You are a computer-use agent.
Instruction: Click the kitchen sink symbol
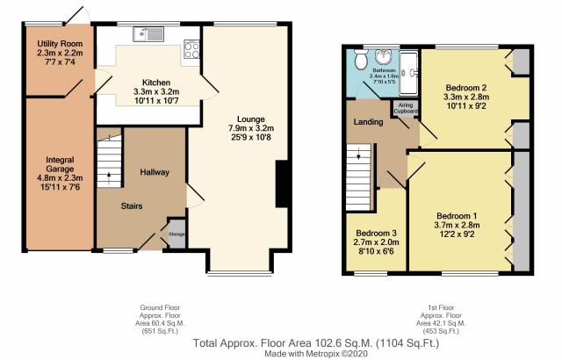(148, 34)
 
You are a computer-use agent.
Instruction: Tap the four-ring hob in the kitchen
(191, 48)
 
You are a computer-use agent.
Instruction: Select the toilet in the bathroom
(360, 59)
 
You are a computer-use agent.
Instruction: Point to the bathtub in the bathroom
(408, 73)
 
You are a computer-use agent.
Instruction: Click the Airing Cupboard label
(406, 108)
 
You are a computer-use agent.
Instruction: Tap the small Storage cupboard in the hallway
(177, 234)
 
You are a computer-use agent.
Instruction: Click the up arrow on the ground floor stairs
(109, 176)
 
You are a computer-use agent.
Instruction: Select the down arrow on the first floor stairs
(358, 155)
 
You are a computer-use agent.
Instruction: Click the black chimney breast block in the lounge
(282, 184)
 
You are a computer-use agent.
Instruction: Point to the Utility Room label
(60, 44)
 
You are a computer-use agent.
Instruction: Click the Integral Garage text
(60, 164)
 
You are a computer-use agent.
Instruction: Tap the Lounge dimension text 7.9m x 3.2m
(251, 128)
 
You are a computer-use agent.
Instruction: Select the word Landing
(368, 122)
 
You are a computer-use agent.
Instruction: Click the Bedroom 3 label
(376, 233)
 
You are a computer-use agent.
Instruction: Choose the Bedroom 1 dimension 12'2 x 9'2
(457, 234)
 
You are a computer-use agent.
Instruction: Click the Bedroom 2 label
(466, 88)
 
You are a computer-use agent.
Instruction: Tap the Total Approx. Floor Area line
(316, 343)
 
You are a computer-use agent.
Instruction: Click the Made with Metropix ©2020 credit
(316, 354)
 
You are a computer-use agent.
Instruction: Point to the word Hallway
(155, 172)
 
